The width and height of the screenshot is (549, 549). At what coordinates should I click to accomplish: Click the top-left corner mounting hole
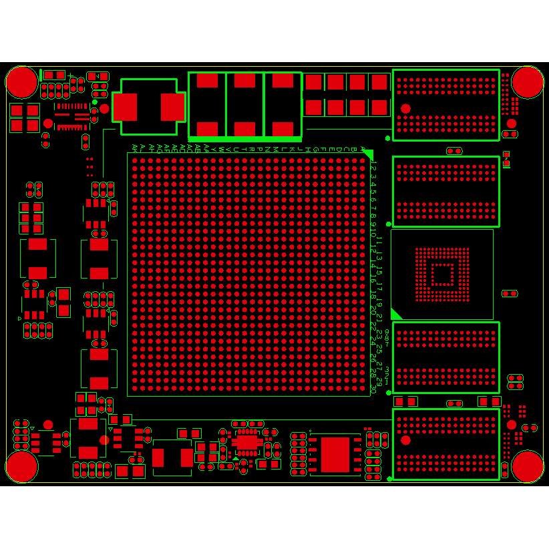pos(22,82)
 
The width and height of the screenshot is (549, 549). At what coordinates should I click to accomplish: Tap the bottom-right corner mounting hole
pos(528,466)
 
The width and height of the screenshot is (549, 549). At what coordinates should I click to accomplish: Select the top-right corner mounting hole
pos(528,82)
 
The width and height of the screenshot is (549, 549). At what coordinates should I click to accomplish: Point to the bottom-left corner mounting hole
pos(22,466)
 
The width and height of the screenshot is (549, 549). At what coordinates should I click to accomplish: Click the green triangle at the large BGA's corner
pos(367,155)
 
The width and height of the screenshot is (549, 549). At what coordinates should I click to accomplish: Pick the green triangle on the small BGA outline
pos(395,314)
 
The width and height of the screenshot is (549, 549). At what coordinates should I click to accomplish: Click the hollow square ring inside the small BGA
pos(441,274)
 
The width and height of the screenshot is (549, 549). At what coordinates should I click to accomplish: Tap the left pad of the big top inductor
pos(125,107)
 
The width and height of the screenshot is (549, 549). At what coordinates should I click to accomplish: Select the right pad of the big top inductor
pos(172,107)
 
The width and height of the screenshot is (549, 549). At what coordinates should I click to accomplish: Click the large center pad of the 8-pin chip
pos(335,455)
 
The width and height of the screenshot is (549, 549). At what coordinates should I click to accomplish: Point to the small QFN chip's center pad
pos(247,441)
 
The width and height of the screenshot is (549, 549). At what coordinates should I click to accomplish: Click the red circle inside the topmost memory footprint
pos(405,108)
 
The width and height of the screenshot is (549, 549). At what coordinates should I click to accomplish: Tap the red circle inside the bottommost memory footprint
pos(405,439)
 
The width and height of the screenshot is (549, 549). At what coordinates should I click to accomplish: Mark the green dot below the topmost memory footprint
pos(388,138)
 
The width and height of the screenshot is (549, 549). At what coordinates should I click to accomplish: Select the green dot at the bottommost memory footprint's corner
pos(389,479)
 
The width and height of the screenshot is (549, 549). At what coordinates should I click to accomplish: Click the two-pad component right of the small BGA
pos(510,293)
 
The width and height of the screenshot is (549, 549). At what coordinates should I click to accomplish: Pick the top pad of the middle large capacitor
pos(245,81)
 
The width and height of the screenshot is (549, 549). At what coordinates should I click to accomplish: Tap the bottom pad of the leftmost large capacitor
pos(207,129)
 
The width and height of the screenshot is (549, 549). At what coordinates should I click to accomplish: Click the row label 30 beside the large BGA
pos(373,390)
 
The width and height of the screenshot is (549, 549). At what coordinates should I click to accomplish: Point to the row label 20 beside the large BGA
pos(373,311)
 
